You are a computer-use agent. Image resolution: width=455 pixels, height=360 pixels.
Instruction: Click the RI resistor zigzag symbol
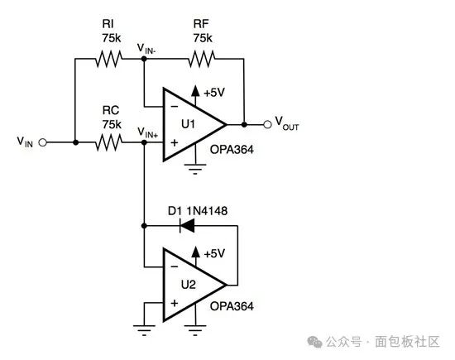pos(109,59)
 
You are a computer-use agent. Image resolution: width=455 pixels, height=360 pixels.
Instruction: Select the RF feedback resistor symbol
pos(202,59)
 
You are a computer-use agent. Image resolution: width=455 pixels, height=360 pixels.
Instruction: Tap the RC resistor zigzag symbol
pos(109,142)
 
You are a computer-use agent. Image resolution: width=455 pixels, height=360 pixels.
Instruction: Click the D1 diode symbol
pos(187,226)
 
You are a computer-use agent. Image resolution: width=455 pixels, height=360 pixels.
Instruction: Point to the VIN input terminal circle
pos(43,142)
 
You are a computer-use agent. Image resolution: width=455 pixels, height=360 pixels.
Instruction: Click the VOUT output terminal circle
pos(267,124)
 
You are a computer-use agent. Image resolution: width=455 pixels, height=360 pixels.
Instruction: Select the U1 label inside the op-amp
pos(188,124)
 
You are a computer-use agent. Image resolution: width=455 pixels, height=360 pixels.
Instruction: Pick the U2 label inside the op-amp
pos(188,285)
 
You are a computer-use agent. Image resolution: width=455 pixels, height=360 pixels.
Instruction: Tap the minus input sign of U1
pos(174,107)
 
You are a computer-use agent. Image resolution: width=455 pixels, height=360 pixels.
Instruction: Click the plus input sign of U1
pos(174,142)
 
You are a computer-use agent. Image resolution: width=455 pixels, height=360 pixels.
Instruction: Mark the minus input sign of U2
pos(174,266)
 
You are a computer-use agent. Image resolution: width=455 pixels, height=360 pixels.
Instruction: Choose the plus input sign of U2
pos(174,303)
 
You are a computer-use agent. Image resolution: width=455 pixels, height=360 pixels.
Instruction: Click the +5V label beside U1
pos(214,93)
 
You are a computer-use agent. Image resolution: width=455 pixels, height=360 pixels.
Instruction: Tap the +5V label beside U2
pos(214,254)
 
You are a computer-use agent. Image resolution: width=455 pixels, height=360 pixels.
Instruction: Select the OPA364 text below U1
pos(232,150)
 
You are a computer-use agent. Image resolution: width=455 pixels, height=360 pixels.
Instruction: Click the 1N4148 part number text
pos(207,211)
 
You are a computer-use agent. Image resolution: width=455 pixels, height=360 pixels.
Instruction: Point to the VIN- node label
pos(146,49)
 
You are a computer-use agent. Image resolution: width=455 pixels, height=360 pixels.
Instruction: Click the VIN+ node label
pos(148,132)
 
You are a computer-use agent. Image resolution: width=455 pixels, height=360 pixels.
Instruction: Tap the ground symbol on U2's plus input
pos(144,330)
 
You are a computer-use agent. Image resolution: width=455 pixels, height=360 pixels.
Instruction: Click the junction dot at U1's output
pos(244,124)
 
